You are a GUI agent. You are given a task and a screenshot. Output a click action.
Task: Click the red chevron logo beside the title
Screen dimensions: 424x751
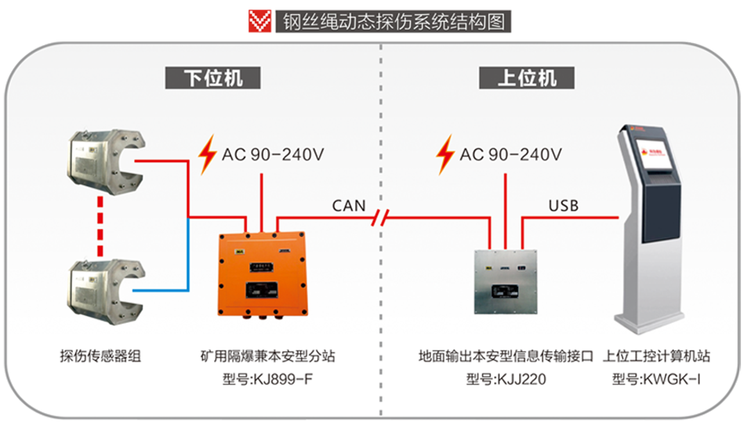[259, 21]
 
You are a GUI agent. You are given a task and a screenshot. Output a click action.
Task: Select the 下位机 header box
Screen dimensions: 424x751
[213, 78]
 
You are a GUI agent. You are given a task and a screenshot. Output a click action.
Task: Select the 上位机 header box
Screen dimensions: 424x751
[526, 78]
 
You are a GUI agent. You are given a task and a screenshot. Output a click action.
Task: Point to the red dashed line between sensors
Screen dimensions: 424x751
[100, 226]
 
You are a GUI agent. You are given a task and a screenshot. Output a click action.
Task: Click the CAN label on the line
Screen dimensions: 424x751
[349, 205]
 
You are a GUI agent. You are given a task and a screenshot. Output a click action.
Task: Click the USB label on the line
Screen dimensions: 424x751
[563, 205]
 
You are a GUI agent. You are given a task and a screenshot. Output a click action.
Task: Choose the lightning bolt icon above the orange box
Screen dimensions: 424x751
[206, 155]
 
